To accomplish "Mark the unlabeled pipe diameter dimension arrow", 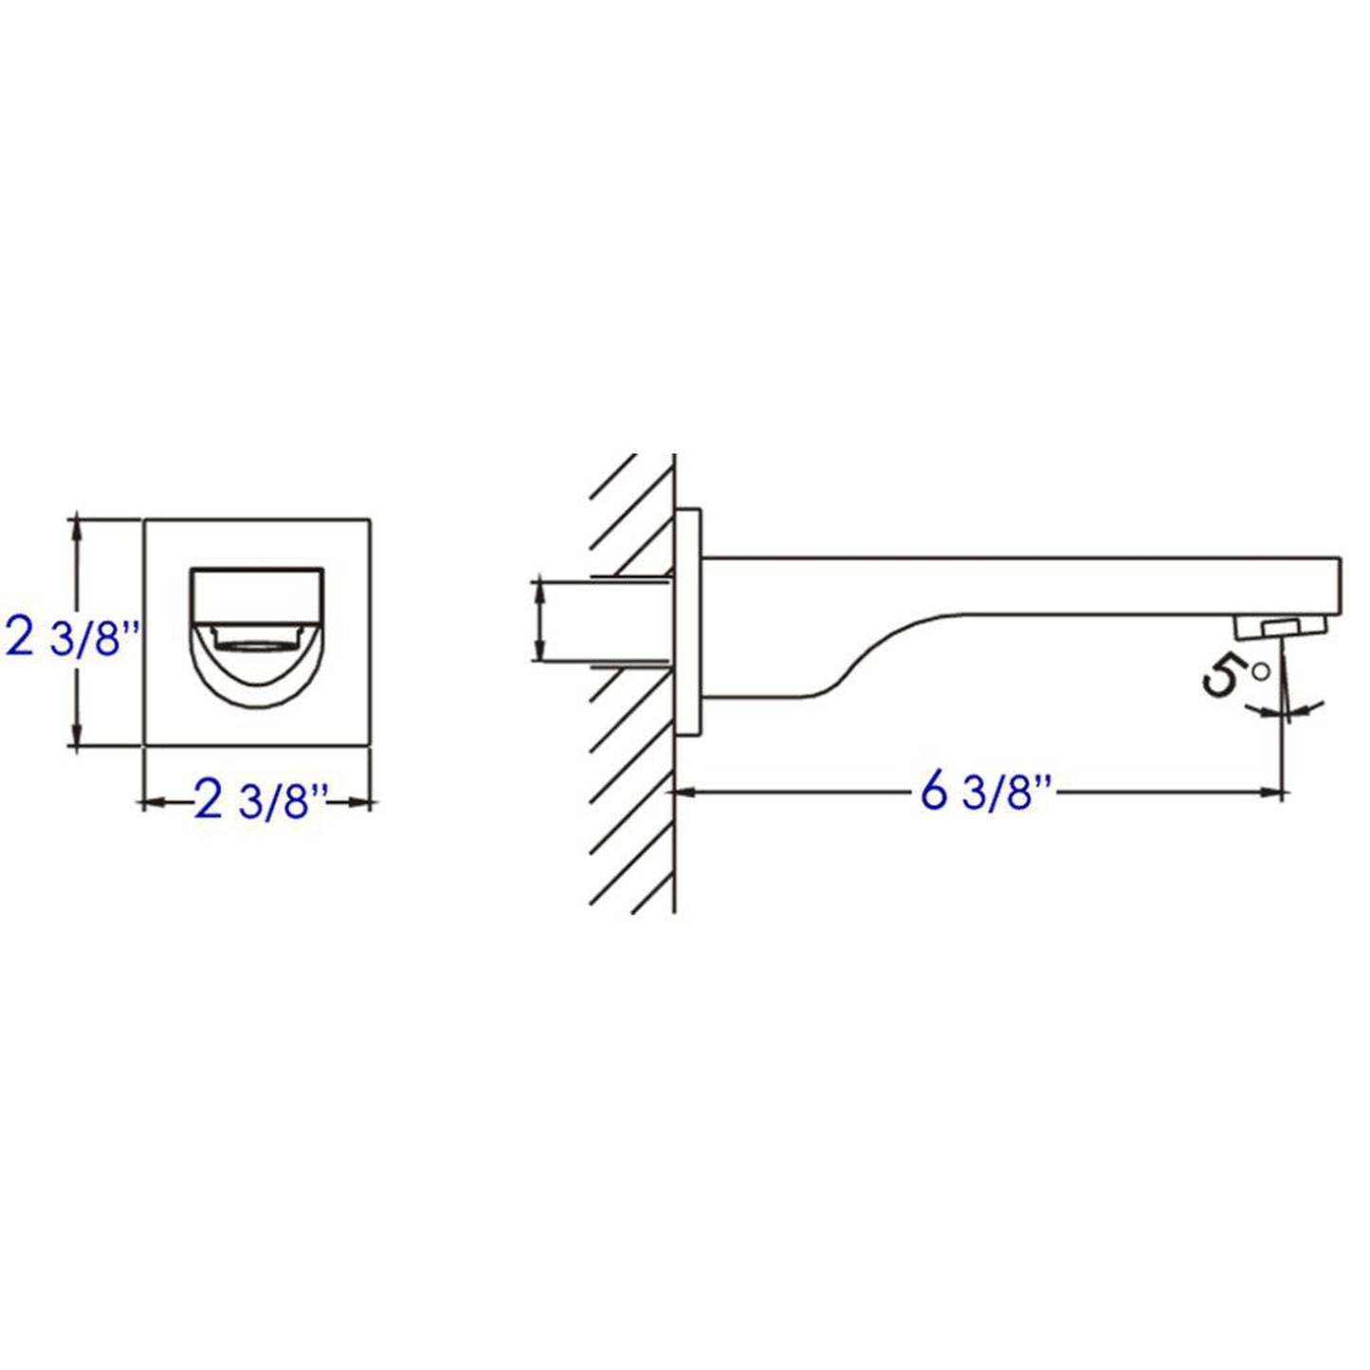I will (539, 621).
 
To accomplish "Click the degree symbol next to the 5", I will (1259, 671).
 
